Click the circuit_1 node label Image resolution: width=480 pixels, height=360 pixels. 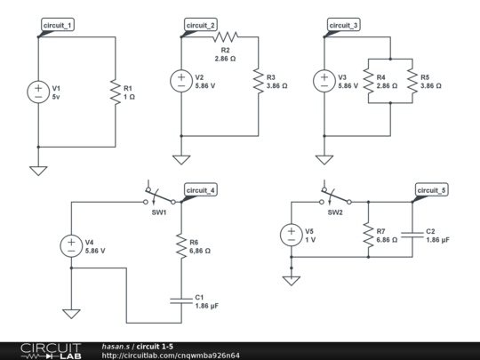pyautogui.click(x=59, y=26)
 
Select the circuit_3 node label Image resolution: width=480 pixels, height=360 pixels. pyautogui.click(x=344, y=26)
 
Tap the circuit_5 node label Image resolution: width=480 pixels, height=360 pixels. pyautogui.click(x=432, y=190)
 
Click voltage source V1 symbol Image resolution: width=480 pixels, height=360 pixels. pyautogui.click(x=38, y=92)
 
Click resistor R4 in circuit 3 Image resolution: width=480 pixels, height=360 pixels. pyautogui.click(x=366, y=81)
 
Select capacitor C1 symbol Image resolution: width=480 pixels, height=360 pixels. pyautogui.click(x=181, y=300)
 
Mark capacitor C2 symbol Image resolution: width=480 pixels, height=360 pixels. pyautogui.click(x=412, y=236)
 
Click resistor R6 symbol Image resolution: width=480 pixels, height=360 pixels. pyautogui.click(x=181, y=245)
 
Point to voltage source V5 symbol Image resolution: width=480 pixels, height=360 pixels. pyautogui.click(x=292, y=236)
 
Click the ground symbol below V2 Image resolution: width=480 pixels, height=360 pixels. pyautogui.click(x=181, y=159)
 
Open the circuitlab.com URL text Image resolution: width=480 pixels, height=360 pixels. pyautogui.click(x=171, y=355)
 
